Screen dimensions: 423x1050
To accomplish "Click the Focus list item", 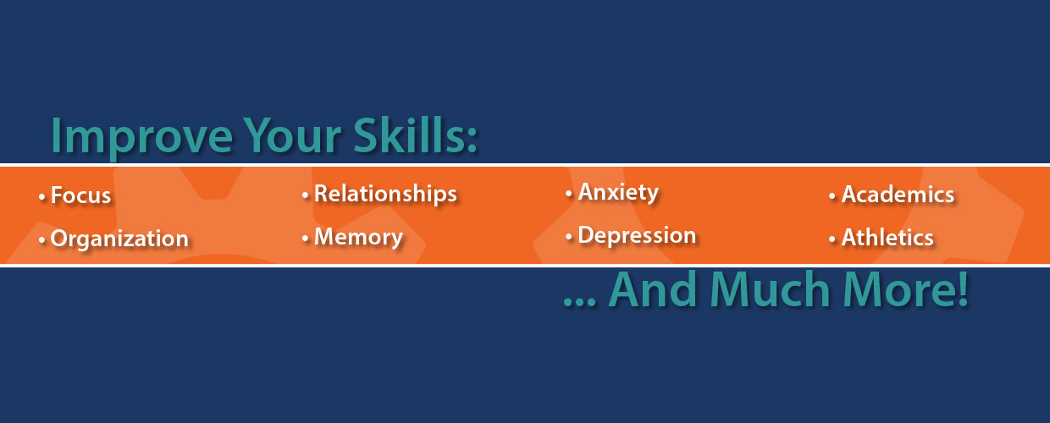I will point(80,195).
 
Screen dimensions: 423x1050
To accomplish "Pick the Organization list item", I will point(119,239).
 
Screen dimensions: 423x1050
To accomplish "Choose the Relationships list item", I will point(385,194).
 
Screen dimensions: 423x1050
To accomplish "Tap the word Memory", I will point(358,237).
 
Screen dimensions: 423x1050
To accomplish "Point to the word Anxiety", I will point(618,192).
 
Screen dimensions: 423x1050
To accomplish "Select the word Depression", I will point(637,234).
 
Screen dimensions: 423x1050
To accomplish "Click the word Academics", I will point(898,195).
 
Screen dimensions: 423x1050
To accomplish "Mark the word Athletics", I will point(887,238).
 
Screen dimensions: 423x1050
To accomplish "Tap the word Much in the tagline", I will point(766,289).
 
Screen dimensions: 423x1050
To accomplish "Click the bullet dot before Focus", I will point(42,197).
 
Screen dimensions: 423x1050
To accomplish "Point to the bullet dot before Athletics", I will point(832,239).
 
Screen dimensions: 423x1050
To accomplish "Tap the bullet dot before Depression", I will point(569,237).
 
